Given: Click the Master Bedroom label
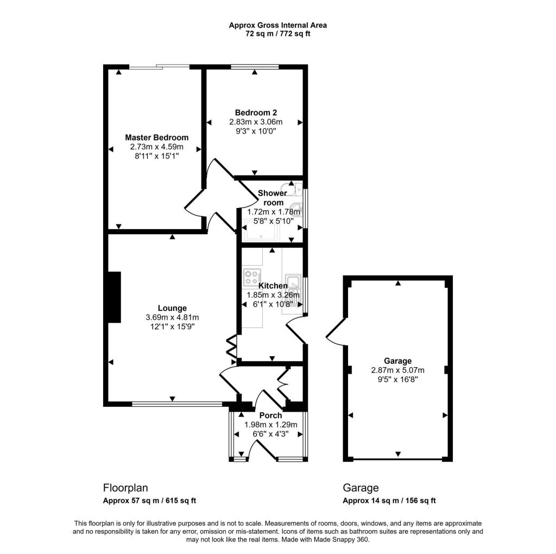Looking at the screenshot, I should click(156, 137).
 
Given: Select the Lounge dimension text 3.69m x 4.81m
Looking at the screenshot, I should click(172, 317).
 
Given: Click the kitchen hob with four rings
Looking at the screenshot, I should click(252, 278).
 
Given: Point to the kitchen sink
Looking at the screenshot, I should click(294, 282).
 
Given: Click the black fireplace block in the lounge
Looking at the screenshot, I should click(114, 297).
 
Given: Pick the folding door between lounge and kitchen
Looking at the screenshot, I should click(231, 347).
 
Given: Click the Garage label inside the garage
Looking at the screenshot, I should click(397, 361).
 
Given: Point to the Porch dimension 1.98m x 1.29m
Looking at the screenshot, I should click(270, 425).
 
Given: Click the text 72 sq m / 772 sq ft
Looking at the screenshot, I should click(277, 34).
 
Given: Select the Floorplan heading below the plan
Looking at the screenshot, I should click(125, 488).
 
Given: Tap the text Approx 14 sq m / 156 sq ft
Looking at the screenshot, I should click(389, 501).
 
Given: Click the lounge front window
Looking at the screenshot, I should click(177, 404).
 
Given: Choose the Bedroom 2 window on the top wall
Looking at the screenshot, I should click(255, 67).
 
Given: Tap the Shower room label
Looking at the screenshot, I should click(273, 198).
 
